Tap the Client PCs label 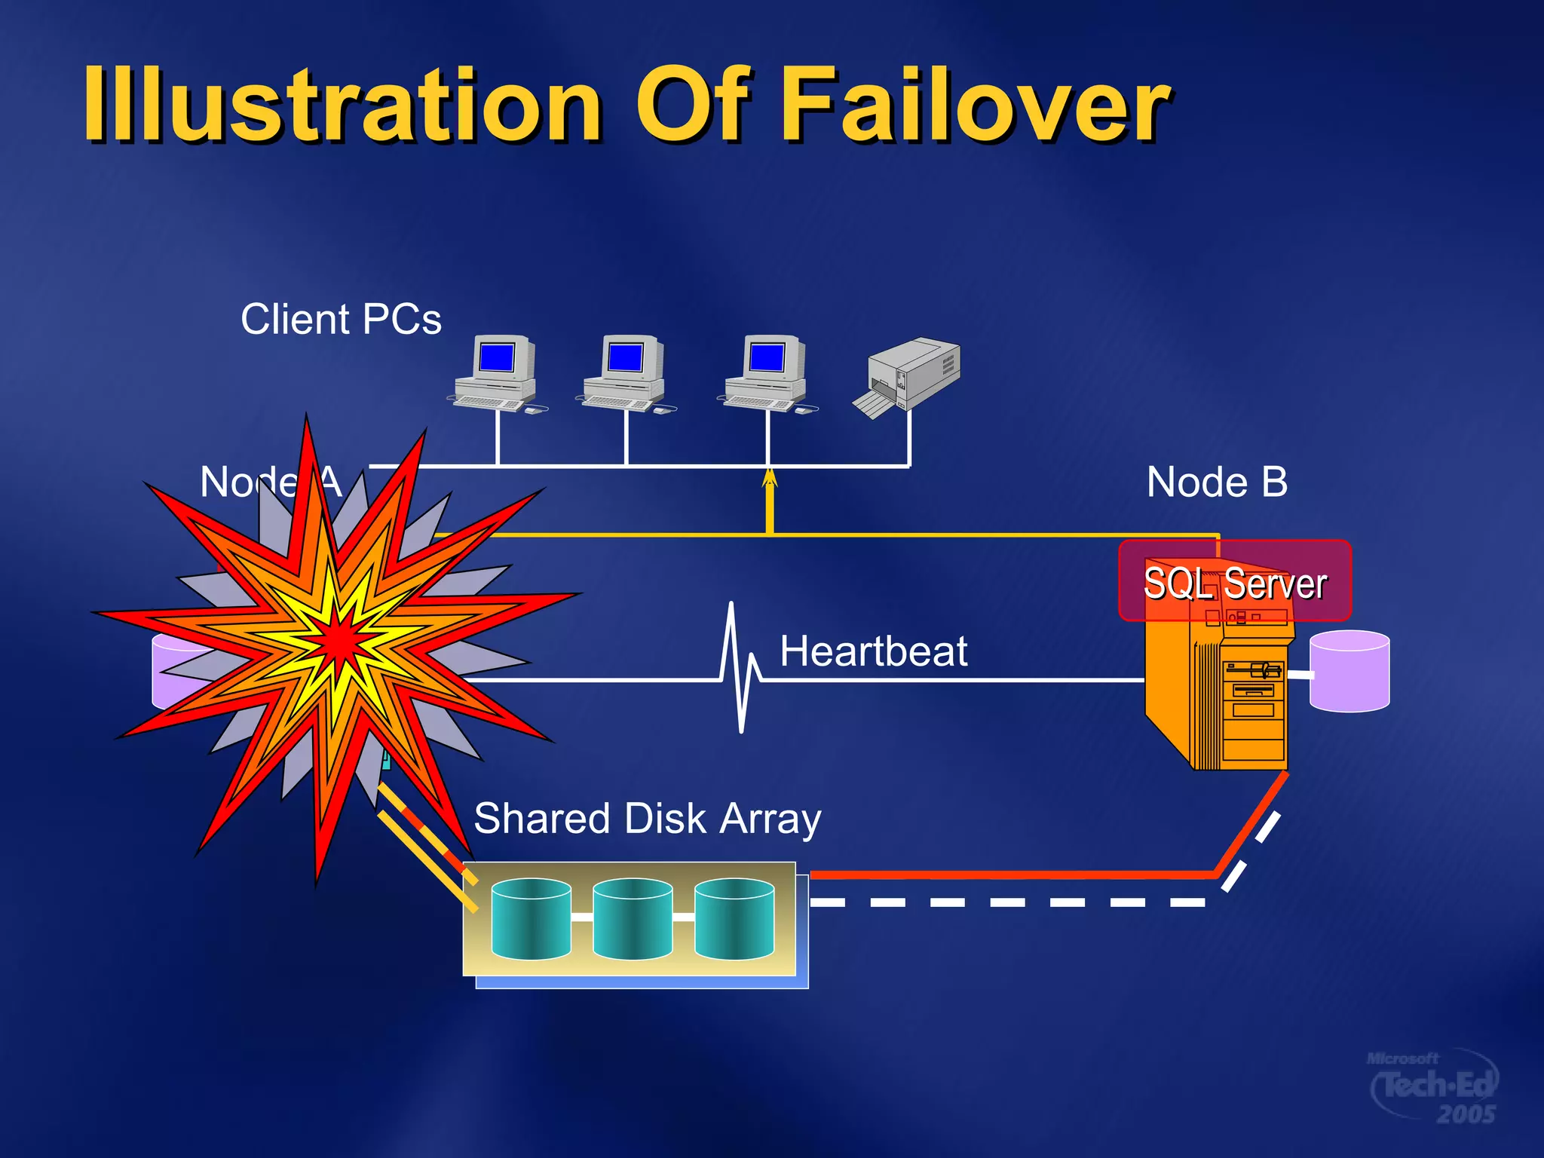[341, 319]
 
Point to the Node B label [1217, 482]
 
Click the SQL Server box [1234, 581]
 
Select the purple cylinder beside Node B [1349, 671]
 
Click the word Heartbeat [873, 651]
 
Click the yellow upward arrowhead [769, 478]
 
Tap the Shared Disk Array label [647, 819]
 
